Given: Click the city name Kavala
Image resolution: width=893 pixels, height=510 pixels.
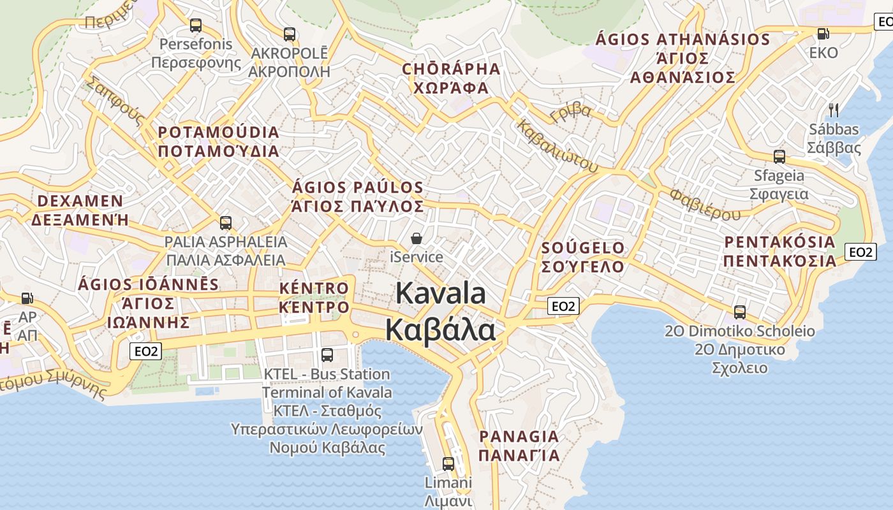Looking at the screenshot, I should point(441,294).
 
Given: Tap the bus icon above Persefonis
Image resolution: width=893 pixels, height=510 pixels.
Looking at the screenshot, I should point(196,25).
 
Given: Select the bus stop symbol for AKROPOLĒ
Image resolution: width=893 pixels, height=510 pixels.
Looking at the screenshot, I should point(290,34).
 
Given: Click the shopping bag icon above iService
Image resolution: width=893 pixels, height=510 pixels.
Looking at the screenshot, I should point(417,238).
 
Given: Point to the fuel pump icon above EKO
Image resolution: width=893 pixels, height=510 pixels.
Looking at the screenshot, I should point(823,34).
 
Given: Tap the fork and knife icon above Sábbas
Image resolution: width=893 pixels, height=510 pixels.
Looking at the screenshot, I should point(833,110).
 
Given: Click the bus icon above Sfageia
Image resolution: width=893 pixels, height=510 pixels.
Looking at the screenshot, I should point(779,156).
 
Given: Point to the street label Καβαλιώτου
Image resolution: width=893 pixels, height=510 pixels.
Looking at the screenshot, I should point(558,146).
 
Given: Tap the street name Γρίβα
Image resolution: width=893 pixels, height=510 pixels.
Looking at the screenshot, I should point(570,113).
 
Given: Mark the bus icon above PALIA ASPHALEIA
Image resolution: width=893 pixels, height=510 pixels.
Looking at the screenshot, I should point(225,222).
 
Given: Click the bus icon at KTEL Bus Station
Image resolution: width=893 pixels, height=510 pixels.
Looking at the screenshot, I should point(327,354).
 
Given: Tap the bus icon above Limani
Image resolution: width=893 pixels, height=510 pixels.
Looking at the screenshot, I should point(448,463).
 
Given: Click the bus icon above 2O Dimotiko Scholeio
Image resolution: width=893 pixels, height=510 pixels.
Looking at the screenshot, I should point(740,312).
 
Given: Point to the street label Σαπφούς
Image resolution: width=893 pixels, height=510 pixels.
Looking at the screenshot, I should point(114,101).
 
